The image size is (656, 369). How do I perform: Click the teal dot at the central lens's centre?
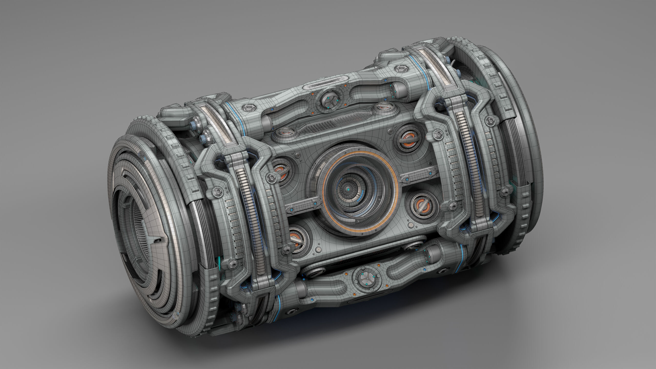click(x=348, y=189)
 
